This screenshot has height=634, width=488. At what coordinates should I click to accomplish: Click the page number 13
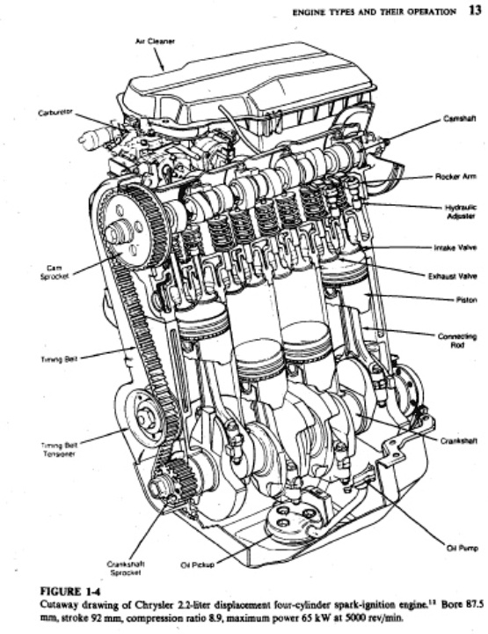(x=474, y=11)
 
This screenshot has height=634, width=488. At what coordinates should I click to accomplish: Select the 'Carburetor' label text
(x=55, y=113)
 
